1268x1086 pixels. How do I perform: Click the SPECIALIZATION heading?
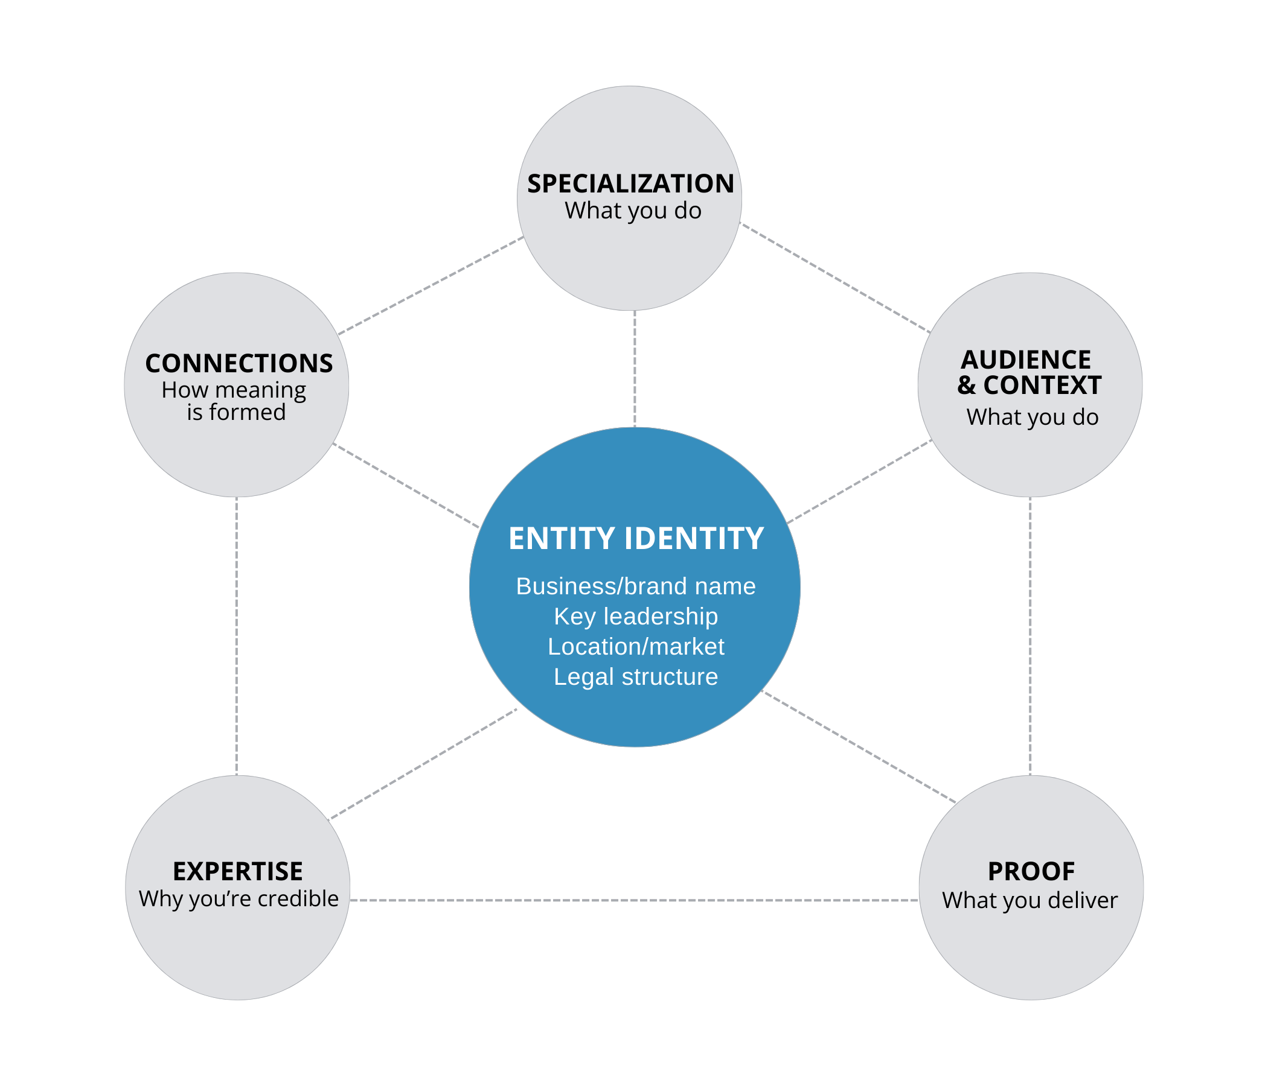click(630, 183)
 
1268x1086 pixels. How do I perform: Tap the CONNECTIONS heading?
click(239, 363)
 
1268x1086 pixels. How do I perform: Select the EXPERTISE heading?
click(237, 871)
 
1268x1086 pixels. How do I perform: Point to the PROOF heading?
click(1031, 871)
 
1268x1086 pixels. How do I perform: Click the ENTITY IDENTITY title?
click(636, 539)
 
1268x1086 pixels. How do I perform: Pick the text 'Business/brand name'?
click(636, 586)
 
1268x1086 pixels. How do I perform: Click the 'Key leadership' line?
click(636, 617)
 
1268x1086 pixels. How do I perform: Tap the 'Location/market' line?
click(636, 647)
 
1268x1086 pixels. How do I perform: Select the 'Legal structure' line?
click(636, 677)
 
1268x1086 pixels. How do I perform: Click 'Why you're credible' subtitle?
click(239, 899)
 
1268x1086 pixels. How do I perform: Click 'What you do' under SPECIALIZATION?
click(633, 211)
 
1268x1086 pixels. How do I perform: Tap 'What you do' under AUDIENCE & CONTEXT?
click(1033, 417)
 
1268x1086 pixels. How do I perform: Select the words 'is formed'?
click(236, 413)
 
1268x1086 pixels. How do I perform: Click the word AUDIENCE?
click(1026, 360)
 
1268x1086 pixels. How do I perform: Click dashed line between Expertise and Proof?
click(634, 900)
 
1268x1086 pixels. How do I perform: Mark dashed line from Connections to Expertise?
click(236, 636)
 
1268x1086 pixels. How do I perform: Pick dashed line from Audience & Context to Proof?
click(1031, 636)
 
